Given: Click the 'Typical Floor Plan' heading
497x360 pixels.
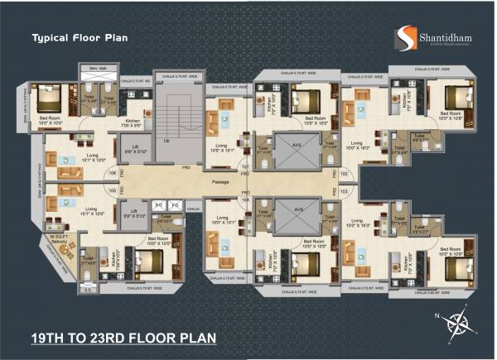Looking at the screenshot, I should [x=79, y=38].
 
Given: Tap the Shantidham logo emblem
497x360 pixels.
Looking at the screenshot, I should [x=404, y=38].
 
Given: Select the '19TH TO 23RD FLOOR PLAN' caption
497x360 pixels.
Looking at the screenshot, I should [x=123, y=338].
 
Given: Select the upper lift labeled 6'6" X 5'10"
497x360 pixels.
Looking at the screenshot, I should [x=134, y=150].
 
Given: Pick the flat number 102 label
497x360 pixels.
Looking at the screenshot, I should [x=344, y=174].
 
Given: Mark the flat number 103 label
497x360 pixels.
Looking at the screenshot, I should [x=344, y=190].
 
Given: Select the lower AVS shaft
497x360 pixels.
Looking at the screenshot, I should [x=297, y=214].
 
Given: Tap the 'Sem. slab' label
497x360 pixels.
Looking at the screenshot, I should [x=94, y=68].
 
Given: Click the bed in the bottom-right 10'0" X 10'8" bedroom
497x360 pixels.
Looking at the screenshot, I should [x=455, y=260].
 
